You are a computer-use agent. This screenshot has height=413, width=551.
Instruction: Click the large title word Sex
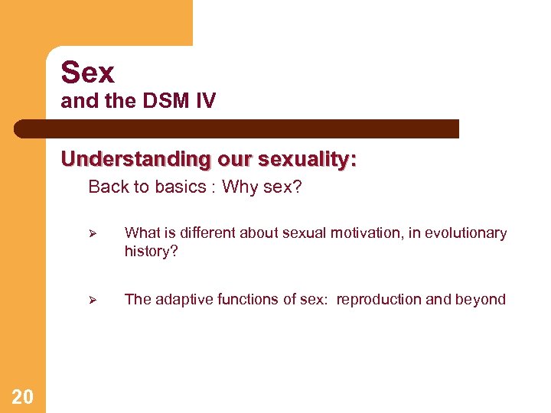tap(87, 73)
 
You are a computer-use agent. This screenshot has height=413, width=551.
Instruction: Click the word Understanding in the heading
tap(135, 159)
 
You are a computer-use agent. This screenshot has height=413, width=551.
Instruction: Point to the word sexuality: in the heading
tap(307, 159)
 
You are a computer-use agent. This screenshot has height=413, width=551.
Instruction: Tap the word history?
tap(151, 251)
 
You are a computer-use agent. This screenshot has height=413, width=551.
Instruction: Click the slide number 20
tap(23, 396)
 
